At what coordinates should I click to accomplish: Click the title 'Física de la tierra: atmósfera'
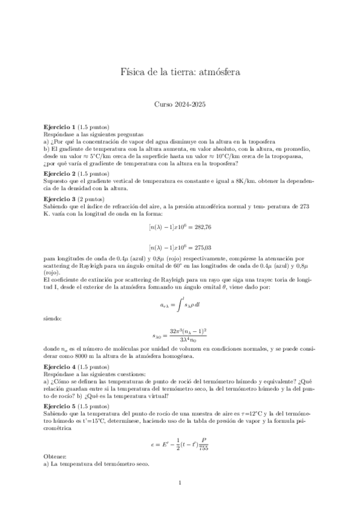(180, 73)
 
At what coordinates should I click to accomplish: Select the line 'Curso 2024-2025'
(180, 104)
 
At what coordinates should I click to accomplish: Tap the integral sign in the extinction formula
(178, 305)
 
